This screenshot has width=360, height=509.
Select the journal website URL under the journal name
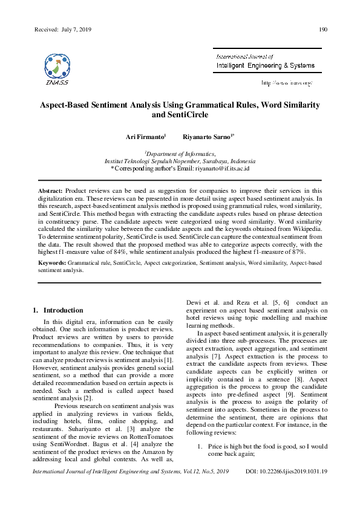pyautogui.click(x=286, y=82)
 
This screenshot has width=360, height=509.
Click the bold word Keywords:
pyautogui.click(x=53, y=264)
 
